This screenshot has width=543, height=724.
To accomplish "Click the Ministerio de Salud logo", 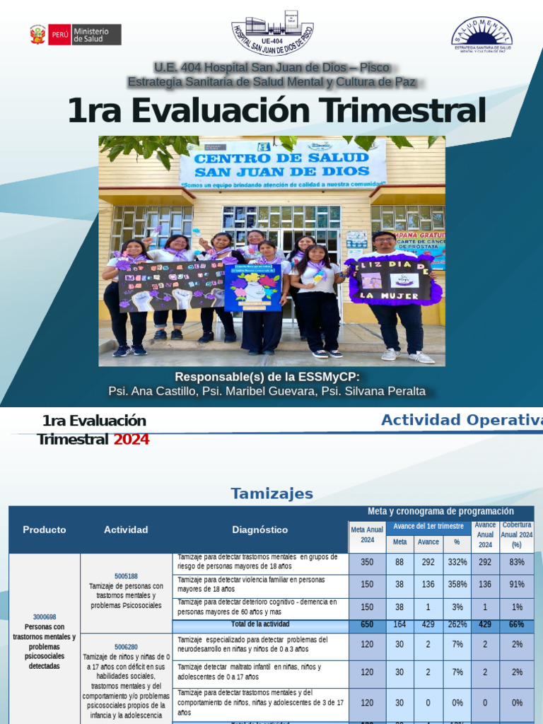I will (75, 34).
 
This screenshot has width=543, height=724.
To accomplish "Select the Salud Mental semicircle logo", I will (481, 35).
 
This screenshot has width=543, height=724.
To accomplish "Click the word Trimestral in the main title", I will (402, 111).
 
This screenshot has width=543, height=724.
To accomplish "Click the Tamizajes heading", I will (271, 494).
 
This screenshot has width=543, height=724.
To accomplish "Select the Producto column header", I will (44, 530).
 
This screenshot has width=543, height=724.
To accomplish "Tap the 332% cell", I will (457, 562).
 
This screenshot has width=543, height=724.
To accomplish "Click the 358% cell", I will (457, 585).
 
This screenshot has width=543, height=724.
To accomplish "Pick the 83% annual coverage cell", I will (517, 562).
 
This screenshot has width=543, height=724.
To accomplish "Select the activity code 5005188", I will (126, 576).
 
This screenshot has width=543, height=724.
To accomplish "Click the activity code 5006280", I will (126, 646).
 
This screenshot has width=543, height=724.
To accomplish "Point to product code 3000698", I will (44, 617).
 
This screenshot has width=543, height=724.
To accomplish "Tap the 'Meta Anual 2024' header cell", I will (367, 535).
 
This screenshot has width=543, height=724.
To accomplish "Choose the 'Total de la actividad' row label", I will (259, 624).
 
